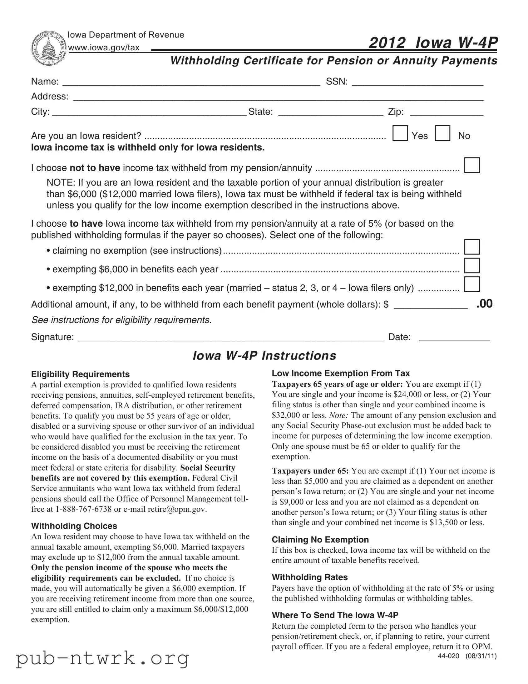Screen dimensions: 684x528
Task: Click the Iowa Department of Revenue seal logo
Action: [x=49, y=48]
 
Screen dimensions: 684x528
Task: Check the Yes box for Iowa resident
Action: [x=400, y=133]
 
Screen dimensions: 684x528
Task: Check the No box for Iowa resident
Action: [x=442, y=133]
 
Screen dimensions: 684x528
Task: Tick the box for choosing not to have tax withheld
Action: [x=472, y=165]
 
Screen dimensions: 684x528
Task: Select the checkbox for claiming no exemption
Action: [x=472, y=247]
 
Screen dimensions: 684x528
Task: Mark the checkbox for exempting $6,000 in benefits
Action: [x=472, y=266]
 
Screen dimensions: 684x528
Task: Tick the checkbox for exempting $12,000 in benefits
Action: [x=472, y=284]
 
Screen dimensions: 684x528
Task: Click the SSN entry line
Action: [x=417, y=82]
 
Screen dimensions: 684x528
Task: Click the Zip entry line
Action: [x=447, y=112]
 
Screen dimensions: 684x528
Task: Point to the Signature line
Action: [x=230, y=338]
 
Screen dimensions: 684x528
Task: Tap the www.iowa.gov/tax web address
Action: [x=104, y=48]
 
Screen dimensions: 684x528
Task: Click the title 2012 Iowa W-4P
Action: [x=433, y=43]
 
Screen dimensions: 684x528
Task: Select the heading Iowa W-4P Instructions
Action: [x=264, y=356]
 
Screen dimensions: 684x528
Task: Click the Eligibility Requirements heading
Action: [x=80, y=374]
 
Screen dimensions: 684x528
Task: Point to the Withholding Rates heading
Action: [x=309, y=577]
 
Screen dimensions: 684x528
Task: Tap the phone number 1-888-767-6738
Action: [x=83, y=509]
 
